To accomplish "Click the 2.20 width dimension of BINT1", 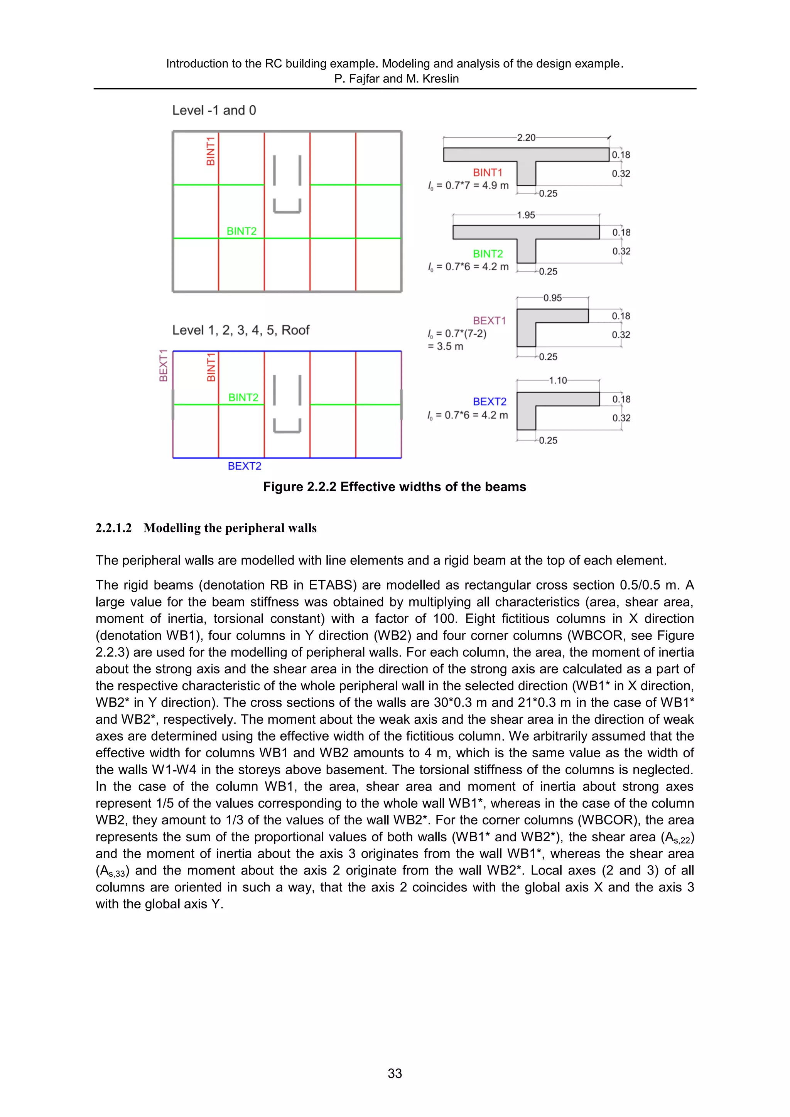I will (x=526, y=138).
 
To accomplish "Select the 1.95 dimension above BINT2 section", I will (x=526, y=215).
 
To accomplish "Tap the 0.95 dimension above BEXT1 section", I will (x=552, y=298).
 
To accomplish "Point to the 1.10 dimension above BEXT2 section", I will (x=558, y=381).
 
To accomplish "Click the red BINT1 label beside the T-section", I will (x=487, y=173).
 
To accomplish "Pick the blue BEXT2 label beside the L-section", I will (x=490, y=402).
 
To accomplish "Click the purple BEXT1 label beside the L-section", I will (x=489, y=320).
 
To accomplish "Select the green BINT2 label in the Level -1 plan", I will (x=241, y=231).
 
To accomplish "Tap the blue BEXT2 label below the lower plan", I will (x=244, y=466).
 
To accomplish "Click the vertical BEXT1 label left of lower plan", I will (x=164, y=366).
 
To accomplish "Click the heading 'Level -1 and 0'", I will (x=214, y=110).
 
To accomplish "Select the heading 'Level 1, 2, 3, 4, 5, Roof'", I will (x=241, y=330).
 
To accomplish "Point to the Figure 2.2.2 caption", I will (x=394, y=487).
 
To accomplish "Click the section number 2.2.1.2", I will (x=113, y=528).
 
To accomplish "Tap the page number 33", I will (x=395, y=1073).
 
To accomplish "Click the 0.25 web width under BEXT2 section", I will (x=548, y=440).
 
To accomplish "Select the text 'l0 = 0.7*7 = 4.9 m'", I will (x=468, y=186).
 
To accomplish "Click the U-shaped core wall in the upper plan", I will (x=287, y=206).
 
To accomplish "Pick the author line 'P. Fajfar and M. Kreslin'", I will (x=396, y=79).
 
